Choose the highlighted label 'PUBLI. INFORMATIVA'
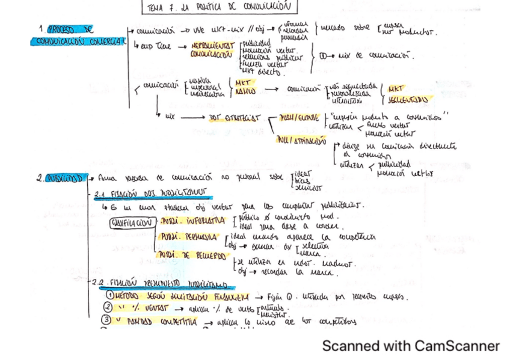tap(192, 221)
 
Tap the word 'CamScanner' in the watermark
tap(457, 346)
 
